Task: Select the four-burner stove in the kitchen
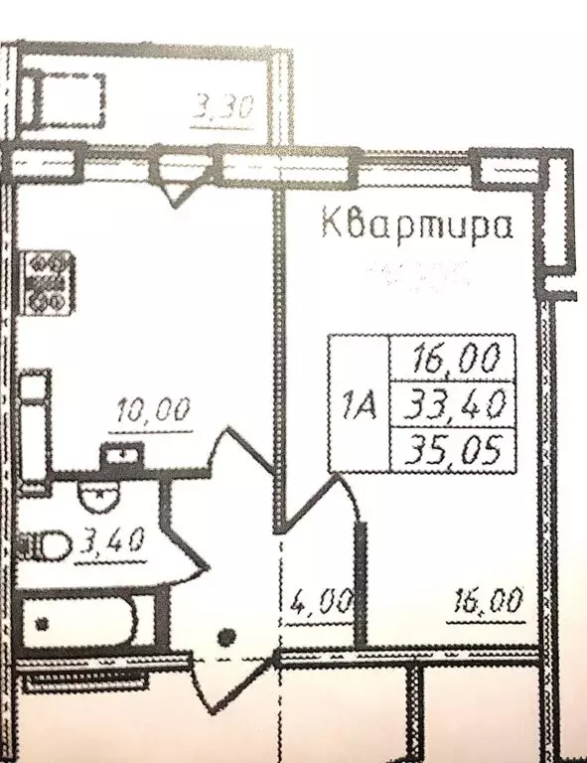(x=49, y=281)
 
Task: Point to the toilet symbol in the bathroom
(x=45, y=544)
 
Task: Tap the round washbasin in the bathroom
(x=96, y=499)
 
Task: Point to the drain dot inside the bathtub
(x=42, y=625)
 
